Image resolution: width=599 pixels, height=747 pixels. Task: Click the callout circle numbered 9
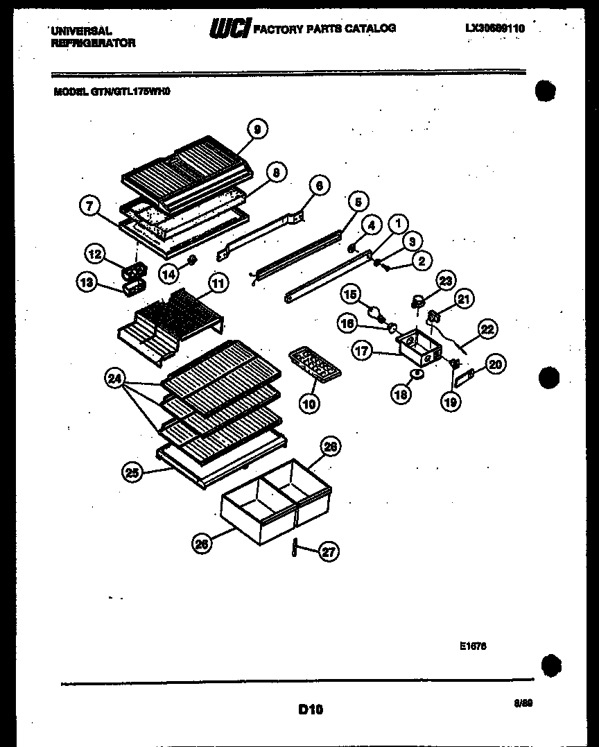pos(257,129)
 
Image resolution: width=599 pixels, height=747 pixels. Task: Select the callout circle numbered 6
pos(319,185)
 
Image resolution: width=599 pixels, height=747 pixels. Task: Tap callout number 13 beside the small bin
pos(87,283)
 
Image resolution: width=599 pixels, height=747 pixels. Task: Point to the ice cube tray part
pos(312,364)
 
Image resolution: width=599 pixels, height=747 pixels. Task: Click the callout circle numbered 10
pos(310,403)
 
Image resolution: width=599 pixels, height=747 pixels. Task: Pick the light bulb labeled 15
pos(375,314)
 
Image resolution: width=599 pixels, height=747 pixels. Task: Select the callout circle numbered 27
pos(329,552)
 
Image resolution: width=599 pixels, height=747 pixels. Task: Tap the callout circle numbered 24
pos(114,379)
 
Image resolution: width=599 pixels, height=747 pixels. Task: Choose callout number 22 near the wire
pos(487,329)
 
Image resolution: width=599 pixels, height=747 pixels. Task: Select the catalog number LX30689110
pos(495,28)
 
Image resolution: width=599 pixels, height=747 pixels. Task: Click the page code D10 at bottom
pos(311,709)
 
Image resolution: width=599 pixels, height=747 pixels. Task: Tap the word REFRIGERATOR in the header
pos(93,42)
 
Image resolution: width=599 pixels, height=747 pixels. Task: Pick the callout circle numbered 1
pos(397,223)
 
